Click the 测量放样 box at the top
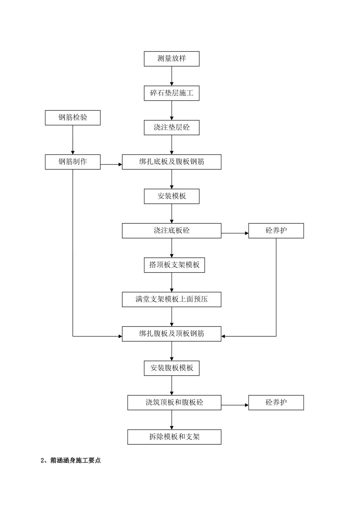click(x=171, y=59)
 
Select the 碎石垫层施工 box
click(x=171, y=93)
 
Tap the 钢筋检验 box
click(x=73, y=117)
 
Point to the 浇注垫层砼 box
click(x=171, y=128)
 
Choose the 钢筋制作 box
click(x=73, y=162)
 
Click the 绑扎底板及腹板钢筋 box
click(x=171, y=162)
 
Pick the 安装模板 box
click(x=171, y=196)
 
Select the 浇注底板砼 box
click(x=171, y=231)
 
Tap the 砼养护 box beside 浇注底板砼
click(x=276, y=231)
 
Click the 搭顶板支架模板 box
click(x=174, y=265)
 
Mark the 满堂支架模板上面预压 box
click(x=171, y=299)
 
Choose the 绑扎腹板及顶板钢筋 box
click(x=171, y=334)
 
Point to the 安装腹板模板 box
click(x=171, y=368)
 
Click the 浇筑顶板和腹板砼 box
click(x=174, y=403)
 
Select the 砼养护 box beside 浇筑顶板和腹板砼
click(x=276, y=403)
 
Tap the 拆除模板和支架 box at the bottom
click(x=174, y=437)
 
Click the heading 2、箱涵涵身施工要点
click(x=71, y=461)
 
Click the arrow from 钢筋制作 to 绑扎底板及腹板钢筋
click(x=111, y=164)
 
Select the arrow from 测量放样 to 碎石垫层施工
click(x=172, y=76)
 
